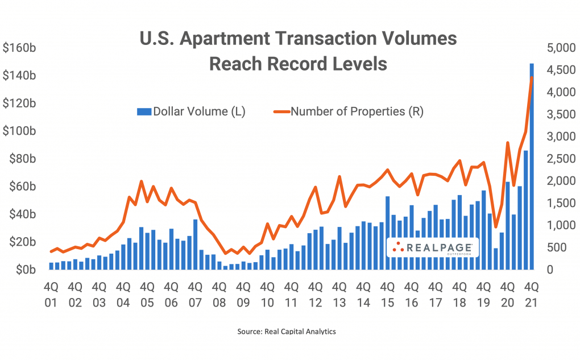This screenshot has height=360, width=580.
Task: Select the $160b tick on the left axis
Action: click(20, 48)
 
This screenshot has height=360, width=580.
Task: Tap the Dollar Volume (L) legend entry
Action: click(191, 111)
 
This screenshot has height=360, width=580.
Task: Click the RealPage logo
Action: click(433, 247)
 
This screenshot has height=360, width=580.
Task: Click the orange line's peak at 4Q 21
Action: click(532, 78)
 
